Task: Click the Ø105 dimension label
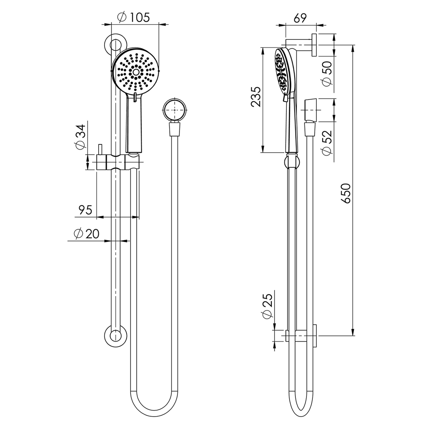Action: coord(134,17)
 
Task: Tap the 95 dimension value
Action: coord(85,210)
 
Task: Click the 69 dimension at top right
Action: coord(300,18)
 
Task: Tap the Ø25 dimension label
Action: coord(267,306)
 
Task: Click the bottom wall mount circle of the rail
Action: coord(115,336)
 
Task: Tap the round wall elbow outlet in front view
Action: coord(174,109)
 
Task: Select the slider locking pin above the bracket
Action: coord(100,149)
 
